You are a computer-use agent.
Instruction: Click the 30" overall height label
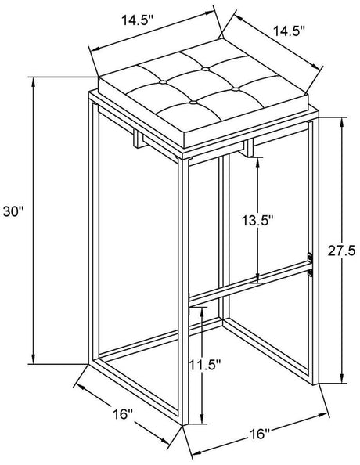click(x=13, y=211)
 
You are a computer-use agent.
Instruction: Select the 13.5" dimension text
click(x=257, y=220)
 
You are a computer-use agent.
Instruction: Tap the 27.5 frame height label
click(x=341, y=251)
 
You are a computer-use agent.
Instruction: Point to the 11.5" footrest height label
click(x=205, y=365)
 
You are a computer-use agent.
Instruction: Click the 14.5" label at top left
click(x=138, y=20)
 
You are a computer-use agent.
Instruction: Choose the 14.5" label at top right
click(x=289, y=31)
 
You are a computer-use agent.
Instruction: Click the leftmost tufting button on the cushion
click(x=163, y=82)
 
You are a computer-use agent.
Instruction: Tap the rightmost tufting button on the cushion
click(x=236, y=89)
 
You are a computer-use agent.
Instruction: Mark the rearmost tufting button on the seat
click(x=205, y=69)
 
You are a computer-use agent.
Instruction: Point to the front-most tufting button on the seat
click(x=193, y=103)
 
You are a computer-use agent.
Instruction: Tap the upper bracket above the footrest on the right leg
click(x=310, y=257)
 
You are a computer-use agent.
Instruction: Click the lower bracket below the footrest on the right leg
click(x=310, y=273)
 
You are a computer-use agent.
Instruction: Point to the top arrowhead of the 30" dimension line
click(x=34, y=83)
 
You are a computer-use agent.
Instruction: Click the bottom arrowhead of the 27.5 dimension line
click(x=342, y=378)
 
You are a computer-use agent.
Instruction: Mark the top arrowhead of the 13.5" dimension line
click(x=257, y=163)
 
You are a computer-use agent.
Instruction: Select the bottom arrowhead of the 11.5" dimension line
click(x=202, y=418)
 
